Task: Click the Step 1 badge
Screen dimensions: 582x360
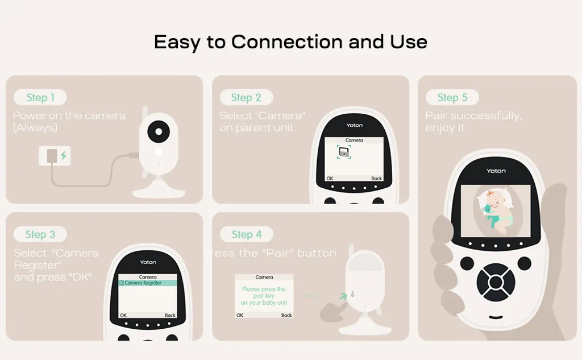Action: pyautogui.click(x=40, y=97)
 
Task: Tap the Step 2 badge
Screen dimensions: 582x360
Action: pyautogui.click(x=247, y=97)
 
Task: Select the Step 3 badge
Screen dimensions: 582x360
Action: pyautogui.click(x=40, y=234)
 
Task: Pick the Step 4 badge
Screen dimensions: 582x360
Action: pyautogui.click(x=247, y=234)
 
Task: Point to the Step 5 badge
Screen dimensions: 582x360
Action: pyautogui.click(x=452, y=97)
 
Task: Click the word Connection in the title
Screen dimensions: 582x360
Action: pyautogui.click(x=287, y=42)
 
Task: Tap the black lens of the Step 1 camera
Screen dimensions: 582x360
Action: pyautogui.click(x=159, y=131)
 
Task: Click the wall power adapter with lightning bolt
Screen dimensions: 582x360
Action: pyautogui.click(x=55, y=156)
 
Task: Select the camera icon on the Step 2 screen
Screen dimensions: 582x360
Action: pyautogui.click(x=344, y=152)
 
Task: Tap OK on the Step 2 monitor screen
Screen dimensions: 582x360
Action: pyautogui.click(x=330, y=179)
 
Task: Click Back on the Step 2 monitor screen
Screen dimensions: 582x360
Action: pyautogui.click(x=376, y=179)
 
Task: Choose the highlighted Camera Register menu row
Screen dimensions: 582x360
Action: pyautogui.click(x=148, y=283)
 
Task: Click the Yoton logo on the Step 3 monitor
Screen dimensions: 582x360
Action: pyautogui.click(x=148, y=262)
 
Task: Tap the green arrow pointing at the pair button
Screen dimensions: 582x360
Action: pyautogui.click(x=344, y=296)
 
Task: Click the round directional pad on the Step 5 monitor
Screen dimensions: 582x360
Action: pyautogui.click(x=496, y=282)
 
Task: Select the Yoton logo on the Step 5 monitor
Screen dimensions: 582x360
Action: pyautogui.click(x=496, y=171)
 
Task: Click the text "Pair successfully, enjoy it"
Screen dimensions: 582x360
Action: pyautogui.click(x=473, y=122)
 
